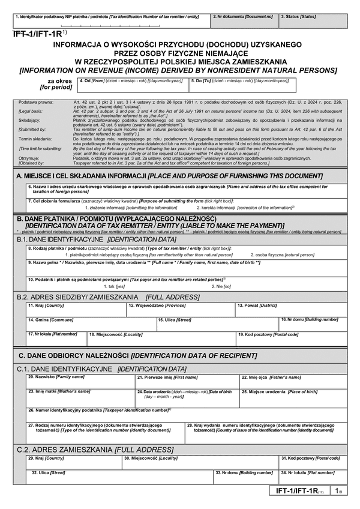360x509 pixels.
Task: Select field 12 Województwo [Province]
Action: (179, 310)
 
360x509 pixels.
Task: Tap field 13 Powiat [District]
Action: (289, 310)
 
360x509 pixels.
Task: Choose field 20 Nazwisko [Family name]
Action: (79, 382)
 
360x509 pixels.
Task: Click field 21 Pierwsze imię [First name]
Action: (187, 382)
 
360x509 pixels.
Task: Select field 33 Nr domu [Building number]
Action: (245, 477)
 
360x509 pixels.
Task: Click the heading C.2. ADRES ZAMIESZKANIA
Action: (88, 448)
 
